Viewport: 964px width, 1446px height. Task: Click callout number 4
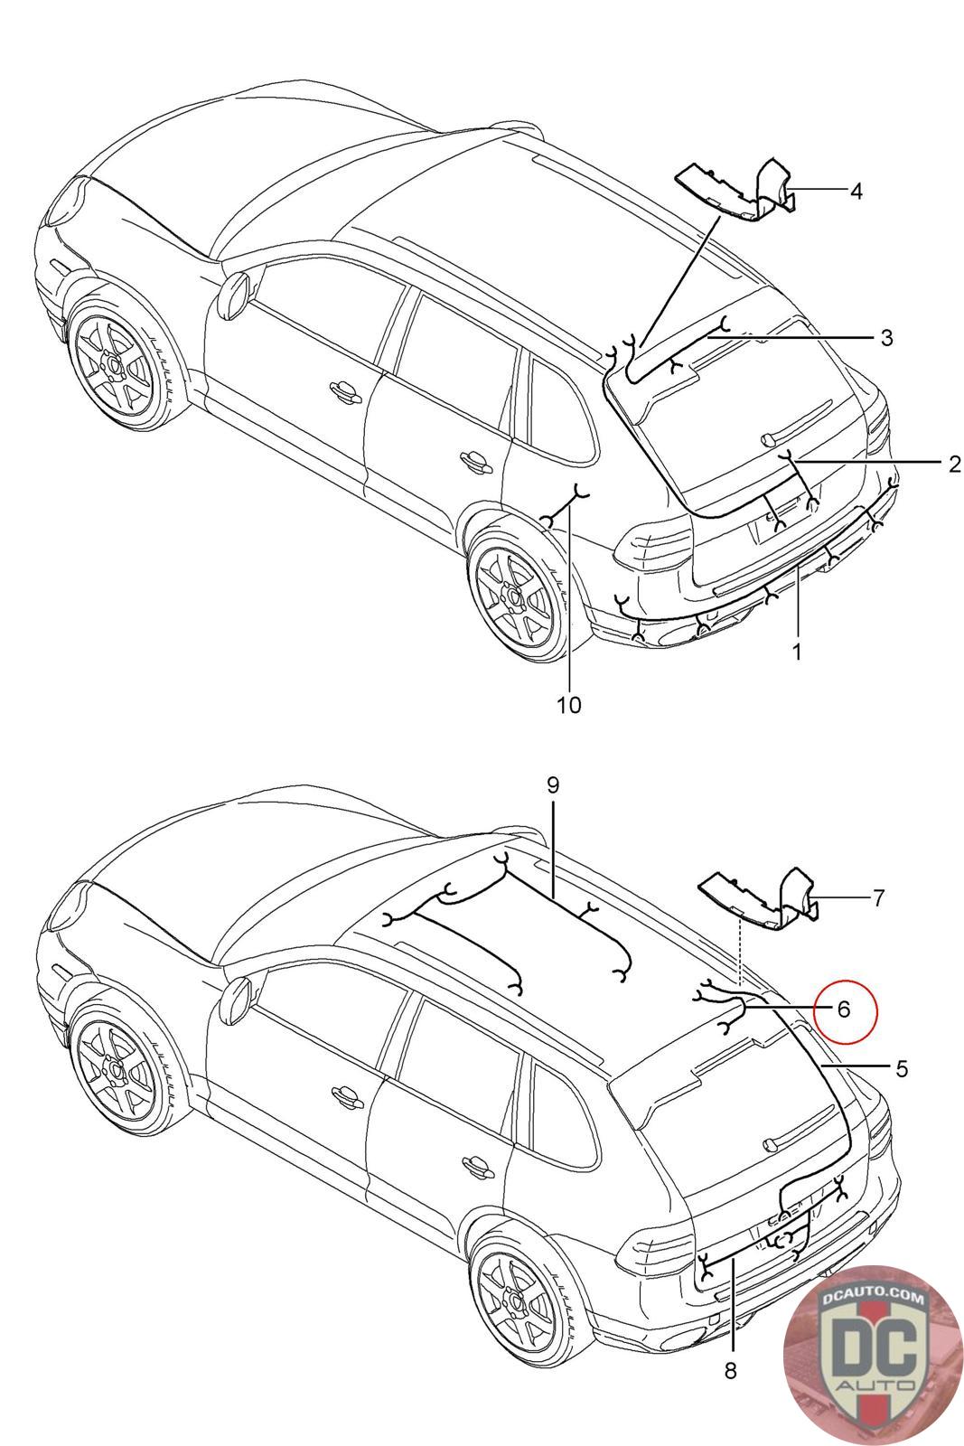(x=855, y=191)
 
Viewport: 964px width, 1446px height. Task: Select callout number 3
(x=886, y=338)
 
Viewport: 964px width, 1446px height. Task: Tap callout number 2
(x=954, y=465)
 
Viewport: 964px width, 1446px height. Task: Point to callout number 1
(x=797, y=651)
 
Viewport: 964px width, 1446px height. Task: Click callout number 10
(x=569, y=704)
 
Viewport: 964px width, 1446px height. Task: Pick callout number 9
(x=553, y=785)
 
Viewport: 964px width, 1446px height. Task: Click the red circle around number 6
(x=844, y=1009)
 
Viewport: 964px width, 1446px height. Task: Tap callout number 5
(x=901, y=1069)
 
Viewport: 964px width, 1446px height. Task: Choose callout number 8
(x=730, y=1371)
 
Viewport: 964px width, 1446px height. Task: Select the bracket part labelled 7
(x=763, y=900)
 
